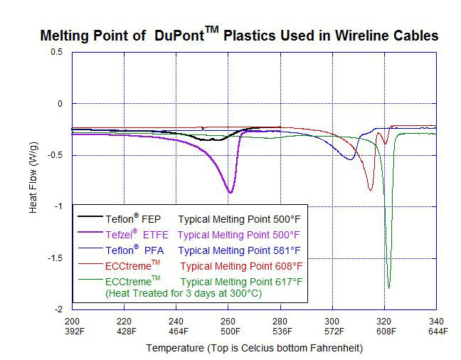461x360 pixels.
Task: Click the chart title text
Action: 239,35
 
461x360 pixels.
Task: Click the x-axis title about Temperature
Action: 254,348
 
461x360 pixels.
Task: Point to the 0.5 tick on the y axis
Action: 56,53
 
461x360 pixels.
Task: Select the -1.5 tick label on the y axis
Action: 53,258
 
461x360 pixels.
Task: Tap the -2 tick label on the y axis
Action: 58,309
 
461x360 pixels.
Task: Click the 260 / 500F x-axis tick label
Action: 229,325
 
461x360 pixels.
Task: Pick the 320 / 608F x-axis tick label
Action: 384,325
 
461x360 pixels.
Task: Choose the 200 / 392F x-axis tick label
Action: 73,325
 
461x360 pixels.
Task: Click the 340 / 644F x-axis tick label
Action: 435,325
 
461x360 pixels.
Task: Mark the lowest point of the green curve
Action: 388,287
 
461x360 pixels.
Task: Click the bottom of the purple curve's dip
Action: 230,193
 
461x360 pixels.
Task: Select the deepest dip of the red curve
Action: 370,190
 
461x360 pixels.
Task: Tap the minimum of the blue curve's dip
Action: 350,159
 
